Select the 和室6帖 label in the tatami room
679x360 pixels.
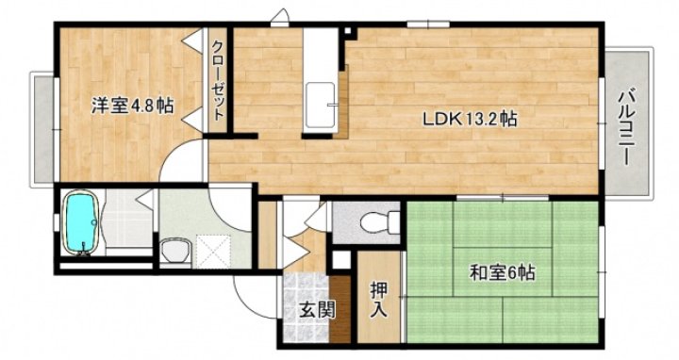tap(503, 274)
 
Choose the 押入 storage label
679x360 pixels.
tap(378, 297)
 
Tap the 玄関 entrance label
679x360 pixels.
tap(316, 310)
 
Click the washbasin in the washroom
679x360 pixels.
tap(174, 252)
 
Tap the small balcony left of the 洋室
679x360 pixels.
tap(42, 129)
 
